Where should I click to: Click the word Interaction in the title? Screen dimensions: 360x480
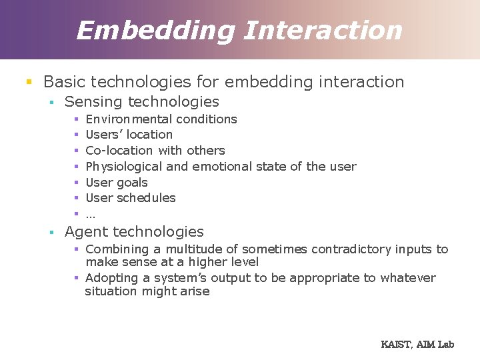coord(323,31)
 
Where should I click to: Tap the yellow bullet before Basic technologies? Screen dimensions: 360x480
coord(29,83)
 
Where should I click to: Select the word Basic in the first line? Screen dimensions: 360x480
coord(64,82)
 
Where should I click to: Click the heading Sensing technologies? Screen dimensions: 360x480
coord(141,102)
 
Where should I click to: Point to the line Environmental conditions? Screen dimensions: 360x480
coord(161,119)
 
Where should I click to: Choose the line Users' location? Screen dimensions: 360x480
coord(129,135)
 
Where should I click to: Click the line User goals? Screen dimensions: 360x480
coord(117,183)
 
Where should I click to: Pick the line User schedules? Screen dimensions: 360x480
coord(131,198)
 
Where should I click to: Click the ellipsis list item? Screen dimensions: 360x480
coord(91,215)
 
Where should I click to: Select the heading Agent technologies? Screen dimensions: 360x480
coord(134,232)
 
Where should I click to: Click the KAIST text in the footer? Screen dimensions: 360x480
coord(396,345)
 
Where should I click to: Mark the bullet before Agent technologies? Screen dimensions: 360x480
coord(51,233)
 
